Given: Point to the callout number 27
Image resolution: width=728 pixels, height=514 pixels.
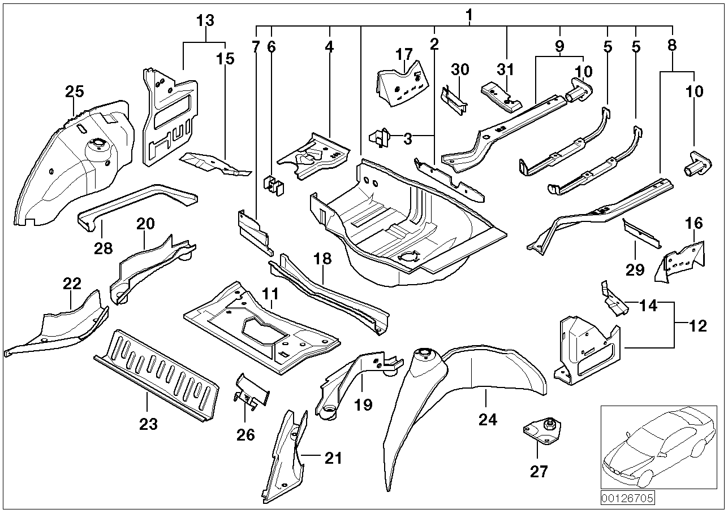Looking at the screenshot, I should pos(539,471).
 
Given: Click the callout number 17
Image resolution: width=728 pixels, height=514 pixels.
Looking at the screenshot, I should pos(404,55).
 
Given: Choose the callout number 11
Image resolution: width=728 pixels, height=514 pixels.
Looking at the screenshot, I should pos(270,294).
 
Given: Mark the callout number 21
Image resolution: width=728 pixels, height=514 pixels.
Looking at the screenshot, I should pos(333,458).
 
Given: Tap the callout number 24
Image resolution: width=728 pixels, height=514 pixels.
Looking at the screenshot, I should pos(488,419).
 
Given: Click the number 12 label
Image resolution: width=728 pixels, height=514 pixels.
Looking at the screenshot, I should pos(698,326).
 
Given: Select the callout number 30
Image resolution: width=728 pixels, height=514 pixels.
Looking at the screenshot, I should pos(460,69).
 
